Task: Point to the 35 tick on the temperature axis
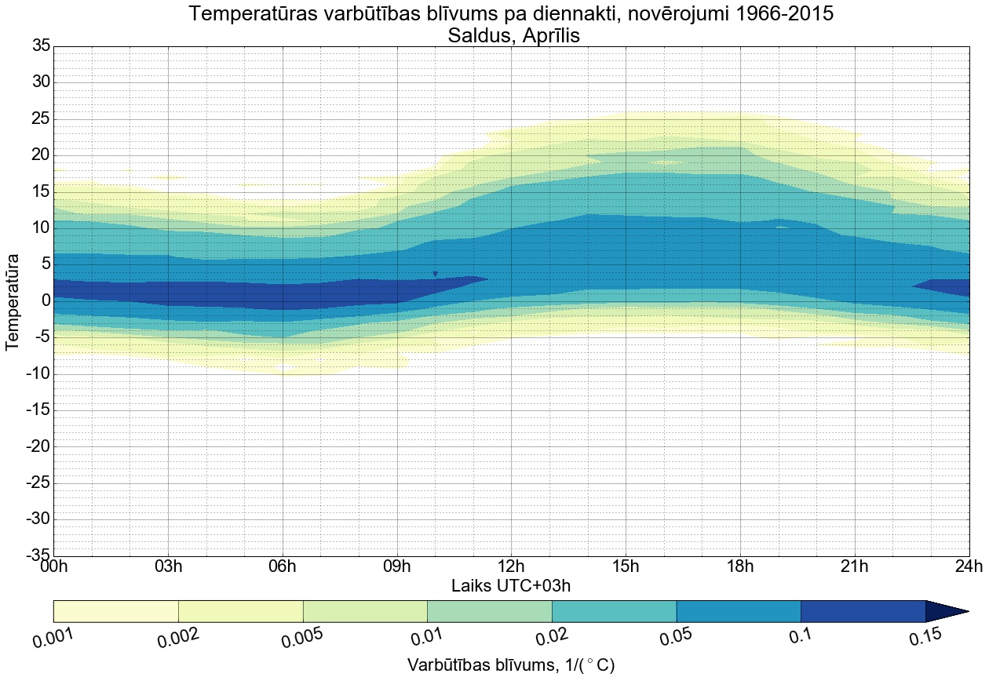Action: (x=41, y=46)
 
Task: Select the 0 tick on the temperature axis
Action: (x=46, y=300)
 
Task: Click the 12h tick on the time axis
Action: (x=511, y=566)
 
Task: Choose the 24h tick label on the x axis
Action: (x=969, y=566)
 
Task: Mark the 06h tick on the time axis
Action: (x=282, y=566)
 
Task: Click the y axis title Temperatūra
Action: (x=13, y=301)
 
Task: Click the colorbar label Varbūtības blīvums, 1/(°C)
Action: (x=511, y=666)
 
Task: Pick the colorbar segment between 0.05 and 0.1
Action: (x=738, y=611)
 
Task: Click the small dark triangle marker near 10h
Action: (x=435, y=274)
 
